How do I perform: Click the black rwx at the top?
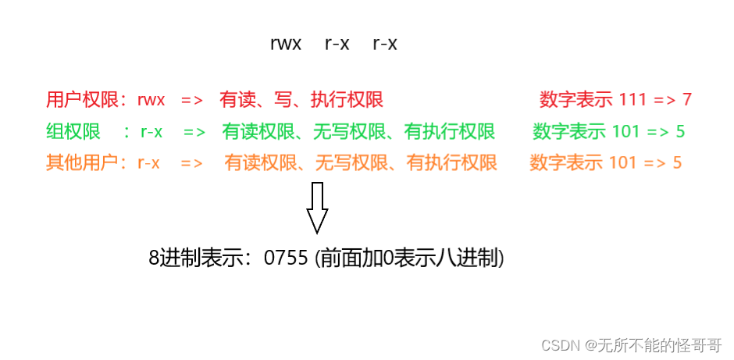285,45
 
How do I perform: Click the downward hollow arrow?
317,208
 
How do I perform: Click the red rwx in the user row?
153,100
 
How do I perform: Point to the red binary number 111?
632,100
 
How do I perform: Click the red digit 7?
686,100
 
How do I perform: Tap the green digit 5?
680,132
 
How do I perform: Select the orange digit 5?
677,163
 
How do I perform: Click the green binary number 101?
626,132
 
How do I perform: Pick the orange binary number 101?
623,163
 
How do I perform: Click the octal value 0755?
287,258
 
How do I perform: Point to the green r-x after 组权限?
151,132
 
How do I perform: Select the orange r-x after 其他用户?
148,163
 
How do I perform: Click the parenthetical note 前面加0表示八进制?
409,258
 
